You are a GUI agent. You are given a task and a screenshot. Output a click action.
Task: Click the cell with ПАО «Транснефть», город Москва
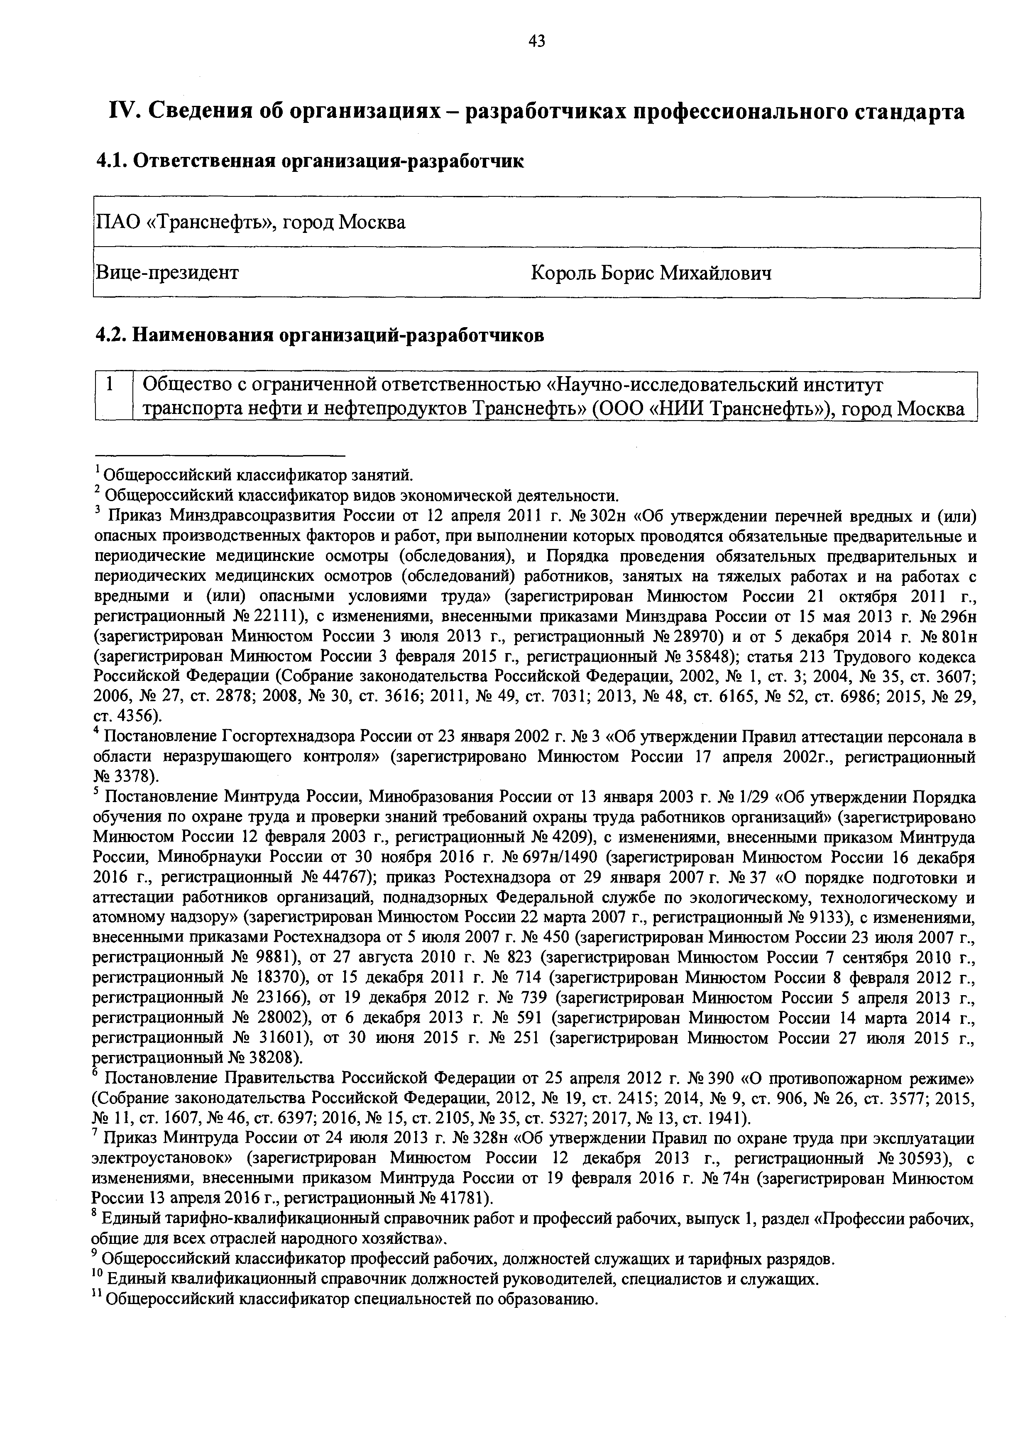250,223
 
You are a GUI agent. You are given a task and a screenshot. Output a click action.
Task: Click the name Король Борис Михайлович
651,273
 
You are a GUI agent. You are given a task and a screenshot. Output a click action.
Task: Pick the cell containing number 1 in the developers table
110,385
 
